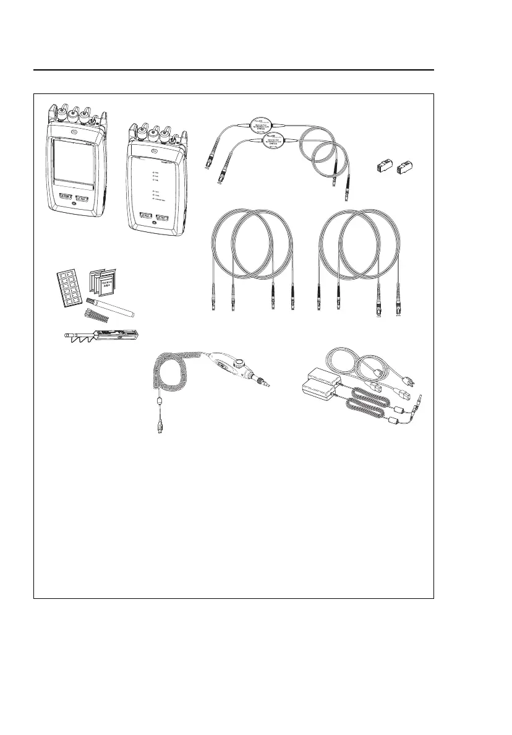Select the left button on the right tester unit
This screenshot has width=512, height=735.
pyautogui.click(x=147, y=217)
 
